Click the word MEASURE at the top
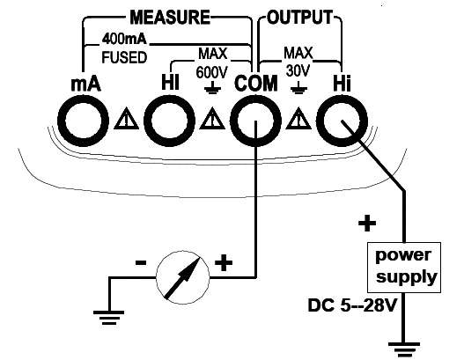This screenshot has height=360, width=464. (x=170, y=17)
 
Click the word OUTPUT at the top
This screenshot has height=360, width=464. (x=300, y=17)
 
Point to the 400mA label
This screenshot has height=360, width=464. (x=124, y=39)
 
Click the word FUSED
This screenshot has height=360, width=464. (x=124, y=57)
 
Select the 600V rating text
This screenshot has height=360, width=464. (x=211, y=72)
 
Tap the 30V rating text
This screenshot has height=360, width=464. (x=298, y=71)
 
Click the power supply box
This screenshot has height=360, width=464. (x=404, y=268)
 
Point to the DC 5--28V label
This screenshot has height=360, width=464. (x=352, y=305)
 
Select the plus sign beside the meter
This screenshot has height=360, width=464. (x=224, y=262)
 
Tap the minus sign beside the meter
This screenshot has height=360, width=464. (x=141, y=262)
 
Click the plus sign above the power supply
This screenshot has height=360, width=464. (x=367, y=223)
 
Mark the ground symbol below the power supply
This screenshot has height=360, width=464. (x=403, y=349)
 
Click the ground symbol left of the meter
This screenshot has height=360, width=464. (x=108, y=318)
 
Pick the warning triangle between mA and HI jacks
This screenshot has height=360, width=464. (x=127, y=119)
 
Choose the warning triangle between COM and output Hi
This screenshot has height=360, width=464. (x=298, y=119)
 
